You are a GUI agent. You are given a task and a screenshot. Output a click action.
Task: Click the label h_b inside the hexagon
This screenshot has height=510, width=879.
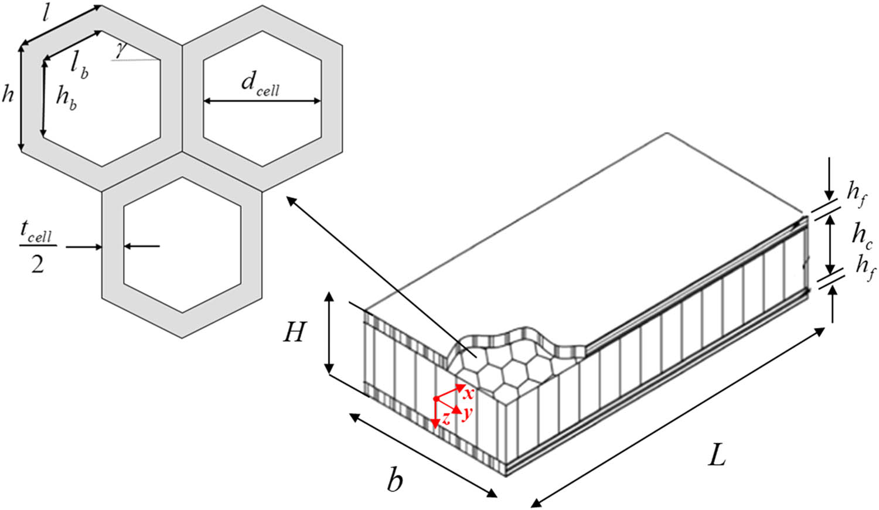click(66, 97)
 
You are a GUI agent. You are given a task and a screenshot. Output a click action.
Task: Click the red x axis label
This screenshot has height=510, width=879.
click(468, 394)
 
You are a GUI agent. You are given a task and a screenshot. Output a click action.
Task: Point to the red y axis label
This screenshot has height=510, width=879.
click(466, 413)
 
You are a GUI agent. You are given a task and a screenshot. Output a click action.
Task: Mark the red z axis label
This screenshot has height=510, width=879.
click(446, 419)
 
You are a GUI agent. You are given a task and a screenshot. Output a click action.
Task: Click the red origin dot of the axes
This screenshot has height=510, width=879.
click(436, 399)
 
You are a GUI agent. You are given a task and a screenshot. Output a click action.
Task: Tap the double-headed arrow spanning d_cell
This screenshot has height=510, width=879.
click(262, 101)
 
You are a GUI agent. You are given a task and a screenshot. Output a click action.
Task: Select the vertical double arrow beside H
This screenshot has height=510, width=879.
click(330, 333)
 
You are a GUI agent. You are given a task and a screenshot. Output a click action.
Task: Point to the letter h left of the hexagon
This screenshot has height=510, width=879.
click(8, 94)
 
